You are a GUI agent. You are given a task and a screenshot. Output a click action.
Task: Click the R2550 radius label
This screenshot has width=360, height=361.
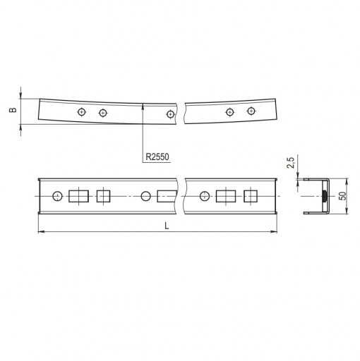coord(157,157)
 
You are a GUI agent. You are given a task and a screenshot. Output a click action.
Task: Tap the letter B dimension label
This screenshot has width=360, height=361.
coord(13,110)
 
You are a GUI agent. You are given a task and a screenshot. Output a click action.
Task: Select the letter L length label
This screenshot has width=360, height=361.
coord(167,226)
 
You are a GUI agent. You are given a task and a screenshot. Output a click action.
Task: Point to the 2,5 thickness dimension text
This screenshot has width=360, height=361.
coord(291,163)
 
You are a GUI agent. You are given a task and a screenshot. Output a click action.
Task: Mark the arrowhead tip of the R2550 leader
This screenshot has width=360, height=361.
coord(143,105)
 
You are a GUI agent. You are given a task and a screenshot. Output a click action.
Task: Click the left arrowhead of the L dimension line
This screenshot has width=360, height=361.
coord(39,232)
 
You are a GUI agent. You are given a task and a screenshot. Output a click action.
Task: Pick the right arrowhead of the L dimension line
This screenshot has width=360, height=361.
coord(277,232)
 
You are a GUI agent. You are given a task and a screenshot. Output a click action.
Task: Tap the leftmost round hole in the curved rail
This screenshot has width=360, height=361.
coord(82,112)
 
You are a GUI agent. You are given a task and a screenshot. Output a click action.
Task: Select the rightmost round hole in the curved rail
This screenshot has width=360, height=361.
coord(251,111)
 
